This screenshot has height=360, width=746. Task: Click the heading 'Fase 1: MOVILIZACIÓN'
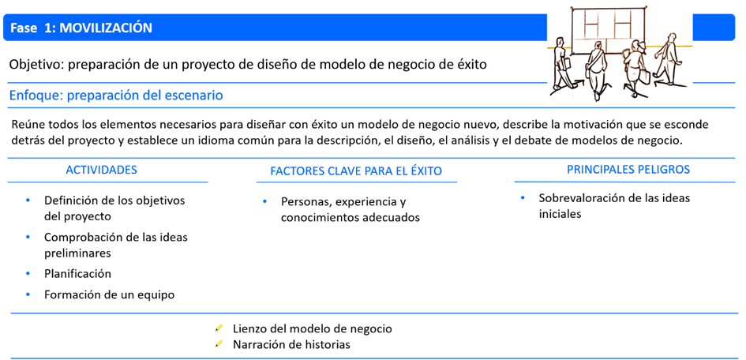click(82, 28)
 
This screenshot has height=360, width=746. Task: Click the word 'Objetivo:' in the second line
click(36, 65)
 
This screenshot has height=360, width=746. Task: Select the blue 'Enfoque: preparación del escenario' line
click(116, 96)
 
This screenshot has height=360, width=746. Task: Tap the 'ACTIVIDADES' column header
click(101, 171)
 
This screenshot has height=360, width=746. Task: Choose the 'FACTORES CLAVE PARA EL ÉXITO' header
click(356, 171)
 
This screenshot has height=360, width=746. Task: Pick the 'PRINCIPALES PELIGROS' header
click(628, 170)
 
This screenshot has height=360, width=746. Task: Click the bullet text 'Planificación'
click(77, 274)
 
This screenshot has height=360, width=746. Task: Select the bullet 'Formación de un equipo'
click(109, 294)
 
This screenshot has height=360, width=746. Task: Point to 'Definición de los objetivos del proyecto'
click(114, 208)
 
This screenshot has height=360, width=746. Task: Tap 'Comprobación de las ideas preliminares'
click(115, 245)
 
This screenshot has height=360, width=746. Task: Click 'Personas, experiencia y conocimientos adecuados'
click(350, 209)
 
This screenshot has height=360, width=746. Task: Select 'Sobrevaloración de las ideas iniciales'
click(613, 205)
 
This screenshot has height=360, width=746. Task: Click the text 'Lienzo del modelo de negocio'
click(313, 328)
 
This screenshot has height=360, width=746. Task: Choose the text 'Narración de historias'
click(291, 344)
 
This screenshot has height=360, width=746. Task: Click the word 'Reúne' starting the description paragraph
click(28, 125)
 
